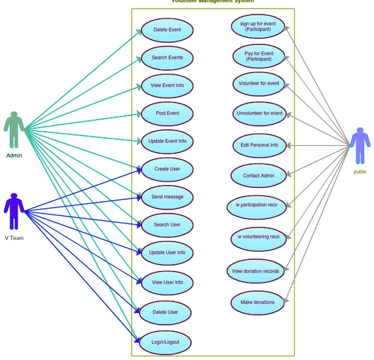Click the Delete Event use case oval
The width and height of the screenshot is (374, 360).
pos(167,30)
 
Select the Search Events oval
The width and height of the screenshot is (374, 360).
pos(167,58)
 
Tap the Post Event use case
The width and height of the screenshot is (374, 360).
pos(167,113)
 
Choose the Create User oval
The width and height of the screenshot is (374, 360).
pos(167,169)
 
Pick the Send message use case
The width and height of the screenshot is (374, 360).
pos(167,197)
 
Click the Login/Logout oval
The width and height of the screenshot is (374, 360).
pos(167,342)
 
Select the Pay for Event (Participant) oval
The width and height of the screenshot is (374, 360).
pos(259,57)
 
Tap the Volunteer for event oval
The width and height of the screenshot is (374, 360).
pos(259,84)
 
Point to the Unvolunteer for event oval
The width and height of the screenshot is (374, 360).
pos(259,113)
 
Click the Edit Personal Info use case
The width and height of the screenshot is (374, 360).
pos(259,145)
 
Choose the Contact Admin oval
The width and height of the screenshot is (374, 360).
pos(259,176)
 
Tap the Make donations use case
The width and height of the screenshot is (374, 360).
pos(257,302)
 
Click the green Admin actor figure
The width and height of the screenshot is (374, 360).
pos(14,129)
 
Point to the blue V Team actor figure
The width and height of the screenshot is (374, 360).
pos(14,211)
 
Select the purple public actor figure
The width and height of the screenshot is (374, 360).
pos(360,145)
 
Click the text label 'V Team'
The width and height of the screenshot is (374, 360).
pos(14,238)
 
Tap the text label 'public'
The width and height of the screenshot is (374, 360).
pos(360,172)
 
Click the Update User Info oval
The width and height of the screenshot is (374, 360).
pos(167,253)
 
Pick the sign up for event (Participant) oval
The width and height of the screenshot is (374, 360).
pos(259,26)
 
